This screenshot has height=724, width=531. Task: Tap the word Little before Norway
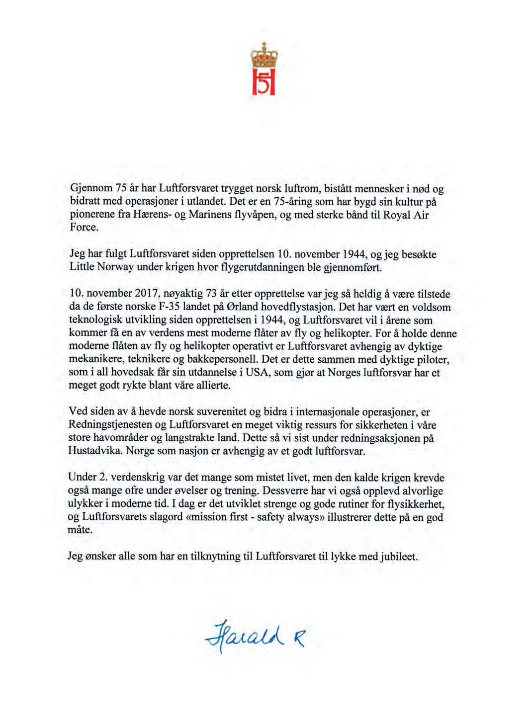pos(82,268)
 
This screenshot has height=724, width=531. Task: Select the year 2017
pos(141,294)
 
